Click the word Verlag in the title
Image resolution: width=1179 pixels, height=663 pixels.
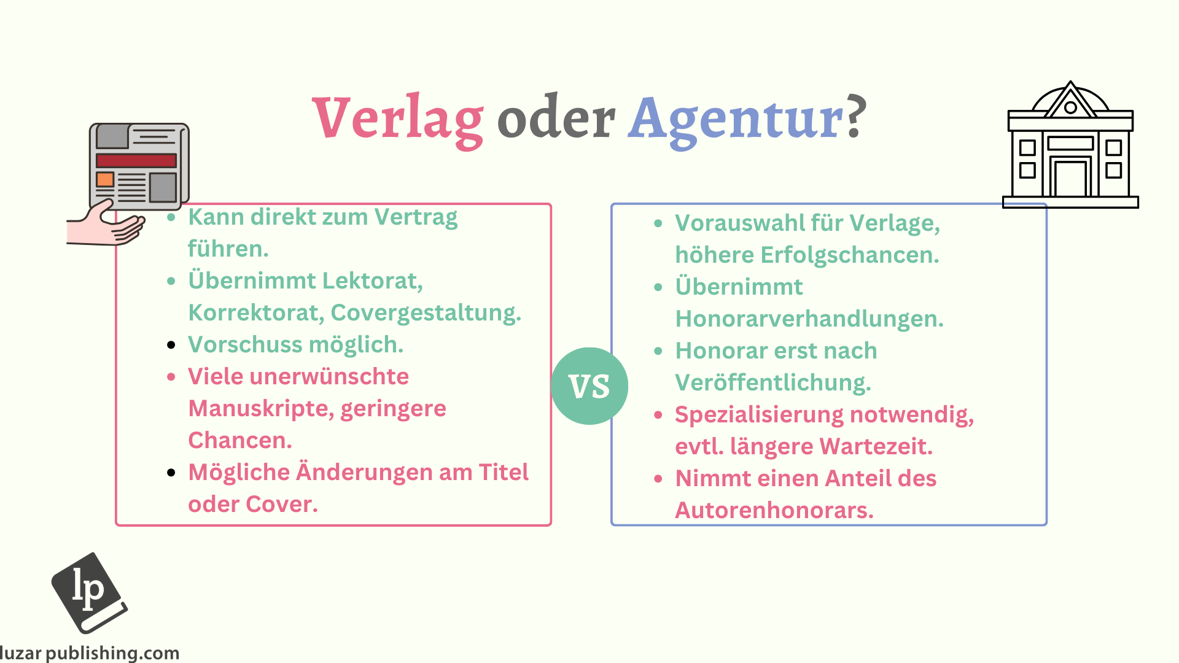(x=398, y=120)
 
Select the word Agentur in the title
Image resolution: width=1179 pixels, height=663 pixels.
(x=736, y=120)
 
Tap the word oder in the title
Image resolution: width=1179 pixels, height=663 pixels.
(x=556, y=117)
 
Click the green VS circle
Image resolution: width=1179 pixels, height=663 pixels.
(x=589, y=386)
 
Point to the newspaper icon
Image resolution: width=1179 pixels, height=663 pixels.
(x=139, y=166)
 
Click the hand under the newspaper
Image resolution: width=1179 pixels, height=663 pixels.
(x=106, y=225)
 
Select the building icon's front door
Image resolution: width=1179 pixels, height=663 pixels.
(x=1070, y=178)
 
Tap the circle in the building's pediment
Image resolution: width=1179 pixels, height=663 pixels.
(x=1071, y=108)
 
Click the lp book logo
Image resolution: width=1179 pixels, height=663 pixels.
(x=90, y=592)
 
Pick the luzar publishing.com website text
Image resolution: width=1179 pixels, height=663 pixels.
(x=90, y=653)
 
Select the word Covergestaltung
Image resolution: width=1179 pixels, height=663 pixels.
(x=426, y=313)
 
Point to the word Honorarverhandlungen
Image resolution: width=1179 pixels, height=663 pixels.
(x=809, y=319)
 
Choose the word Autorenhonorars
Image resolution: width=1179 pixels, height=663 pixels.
(x=774, y=510)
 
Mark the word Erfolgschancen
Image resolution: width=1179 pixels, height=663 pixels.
(x=850, y=255)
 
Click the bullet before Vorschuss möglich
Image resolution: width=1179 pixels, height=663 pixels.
(x=171, y=345)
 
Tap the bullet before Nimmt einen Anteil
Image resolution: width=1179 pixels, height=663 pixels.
(x=658, y=479)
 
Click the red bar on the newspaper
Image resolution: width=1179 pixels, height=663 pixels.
(x=136, y=161)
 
